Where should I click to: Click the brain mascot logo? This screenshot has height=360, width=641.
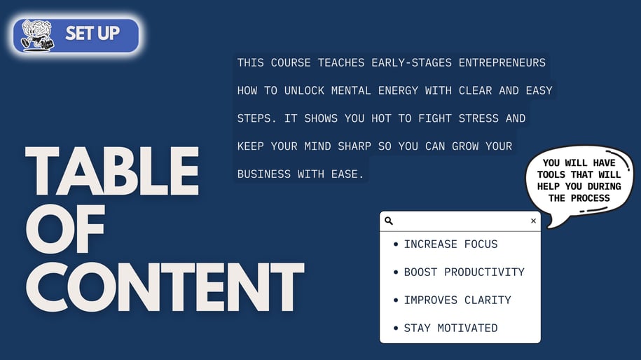point(38,36)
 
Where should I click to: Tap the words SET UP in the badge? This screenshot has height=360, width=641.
point(92,34)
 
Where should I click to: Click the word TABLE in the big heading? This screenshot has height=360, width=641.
point(112,171)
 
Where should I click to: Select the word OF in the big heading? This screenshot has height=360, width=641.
point(65,229)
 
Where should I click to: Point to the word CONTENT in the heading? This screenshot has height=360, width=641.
point(165,287)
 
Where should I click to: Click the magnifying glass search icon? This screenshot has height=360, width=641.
point(389,221)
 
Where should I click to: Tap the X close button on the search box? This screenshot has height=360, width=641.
point(533,221)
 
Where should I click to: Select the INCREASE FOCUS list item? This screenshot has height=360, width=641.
point(450,244)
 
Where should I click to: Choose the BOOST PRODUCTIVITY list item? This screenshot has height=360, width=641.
point(464,272)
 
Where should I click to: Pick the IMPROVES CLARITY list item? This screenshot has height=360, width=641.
point(457,300)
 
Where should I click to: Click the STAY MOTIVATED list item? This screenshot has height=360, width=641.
point(450,328)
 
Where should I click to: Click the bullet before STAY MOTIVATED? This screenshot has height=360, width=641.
point(395,328)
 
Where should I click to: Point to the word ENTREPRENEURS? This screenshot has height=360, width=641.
point(502,63)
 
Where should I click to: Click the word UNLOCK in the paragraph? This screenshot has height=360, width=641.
point(304,91)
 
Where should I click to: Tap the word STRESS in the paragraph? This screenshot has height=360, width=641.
point(478,118)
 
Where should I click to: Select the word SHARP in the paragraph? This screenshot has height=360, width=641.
point(354,146)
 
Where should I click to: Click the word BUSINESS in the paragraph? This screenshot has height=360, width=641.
point(263,174)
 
